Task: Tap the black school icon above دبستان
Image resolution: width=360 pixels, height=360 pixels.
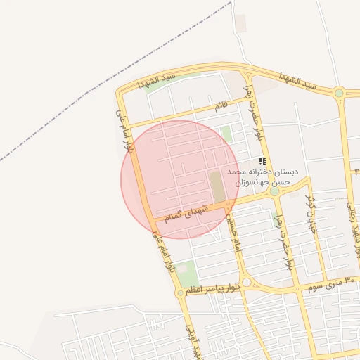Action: coord(262,161)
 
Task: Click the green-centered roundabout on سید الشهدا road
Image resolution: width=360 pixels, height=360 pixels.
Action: coord(340,92)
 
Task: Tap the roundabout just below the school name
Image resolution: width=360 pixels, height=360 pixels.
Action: coord(274,191)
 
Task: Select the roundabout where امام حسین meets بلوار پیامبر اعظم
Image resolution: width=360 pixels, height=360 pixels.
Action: coord(247,283)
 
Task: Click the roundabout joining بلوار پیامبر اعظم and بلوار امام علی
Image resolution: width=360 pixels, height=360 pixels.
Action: coord(181,292)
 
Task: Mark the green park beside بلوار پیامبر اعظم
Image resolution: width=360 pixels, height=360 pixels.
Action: coord(186,272)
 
